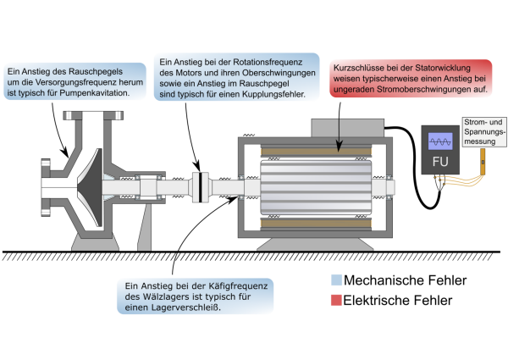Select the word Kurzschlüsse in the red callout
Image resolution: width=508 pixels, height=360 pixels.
point(360,65)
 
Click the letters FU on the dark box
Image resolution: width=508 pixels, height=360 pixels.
point(439,162)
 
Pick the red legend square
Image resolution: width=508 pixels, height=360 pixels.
point(337,300)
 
